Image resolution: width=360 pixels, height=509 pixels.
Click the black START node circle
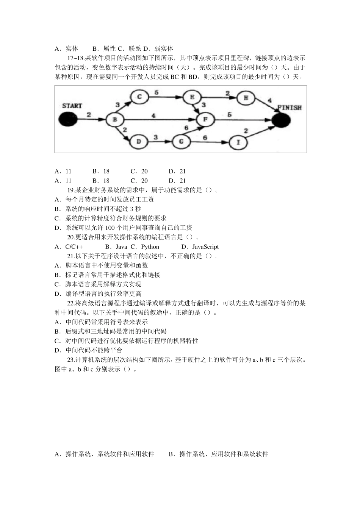point(67,120)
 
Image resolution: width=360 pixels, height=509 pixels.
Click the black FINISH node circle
point(281,120)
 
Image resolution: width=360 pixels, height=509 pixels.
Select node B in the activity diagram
point(114,120)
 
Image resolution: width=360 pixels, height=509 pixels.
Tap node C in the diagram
point(139,97)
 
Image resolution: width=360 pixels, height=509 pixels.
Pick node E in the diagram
point(192,97)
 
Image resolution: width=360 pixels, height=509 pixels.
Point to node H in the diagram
point(246,98)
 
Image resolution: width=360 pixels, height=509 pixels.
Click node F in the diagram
point(206,120)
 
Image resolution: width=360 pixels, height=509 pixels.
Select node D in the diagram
point(139,142)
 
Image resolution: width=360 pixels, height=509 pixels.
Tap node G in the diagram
point(181,142)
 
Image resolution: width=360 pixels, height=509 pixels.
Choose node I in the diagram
point(238,142)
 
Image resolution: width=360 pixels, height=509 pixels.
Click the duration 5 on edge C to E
point(156,92)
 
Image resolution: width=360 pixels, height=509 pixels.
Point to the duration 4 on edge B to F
point(153,115)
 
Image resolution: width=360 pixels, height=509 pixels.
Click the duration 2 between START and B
point(89,114)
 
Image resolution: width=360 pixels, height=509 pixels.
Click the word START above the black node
point(72,106)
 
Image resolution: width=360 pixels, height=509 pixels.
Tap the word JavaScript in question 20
point(205,247)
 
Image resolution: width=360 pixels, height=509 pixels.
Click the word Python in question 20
point(150,247)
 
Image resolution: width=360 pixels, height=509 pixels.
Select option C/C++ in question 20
point(74,247)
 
